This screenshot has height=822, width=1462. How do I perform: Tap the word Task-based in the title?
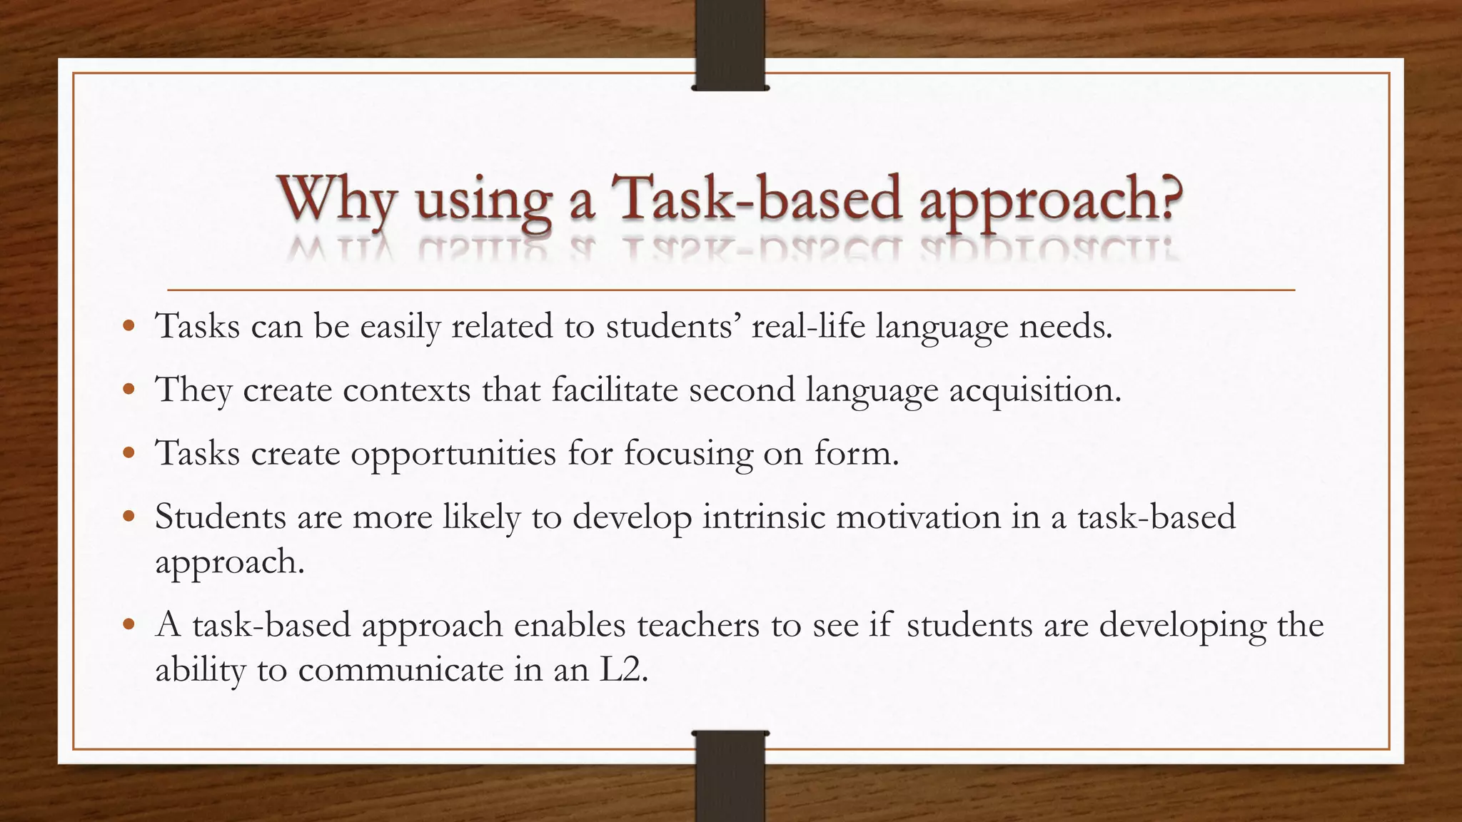coord(757,198)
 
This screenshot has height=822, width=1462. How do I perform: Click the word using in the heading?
coord(483,202)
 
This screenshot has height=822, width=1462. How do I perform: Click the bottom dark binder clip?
coord(730,776)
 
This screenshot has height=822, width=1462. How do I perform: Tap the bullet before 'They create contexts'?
coord(128,390)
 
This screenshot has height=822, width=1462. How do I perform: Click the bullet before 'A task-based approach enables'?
coord(128,625)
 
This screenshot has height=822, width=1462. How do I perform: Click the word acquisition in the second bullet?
coord(1034,390)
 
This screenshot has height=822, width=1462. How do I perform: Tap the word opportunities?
coord(453,454)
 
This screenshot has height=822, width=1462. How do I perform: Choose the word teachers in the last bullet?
coord(697,626)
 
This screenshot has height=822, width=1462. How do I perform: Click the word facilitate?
coord(614,390)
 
